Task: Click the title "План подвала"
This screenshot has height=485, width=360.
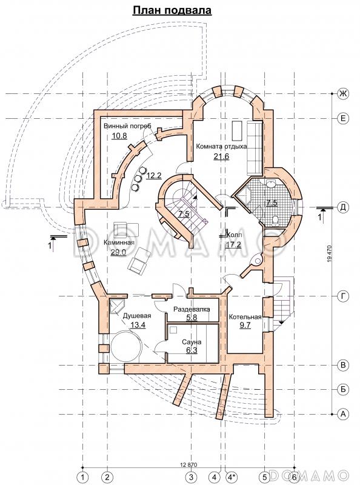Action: (x=172, y=10)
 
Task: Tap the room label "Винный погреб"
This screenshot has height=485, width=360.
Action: (x=127, y=126)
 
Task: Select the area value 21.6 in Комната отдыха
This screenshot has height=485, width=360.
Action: (x=221, y=156)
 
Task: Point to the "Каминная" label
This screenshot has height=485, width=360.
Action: (x=119, y=242)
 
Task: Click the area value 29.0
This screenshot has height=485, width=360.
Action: (x=118, y=252)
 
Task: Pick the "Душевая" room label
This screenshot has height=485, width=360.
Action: (x=137, y=316)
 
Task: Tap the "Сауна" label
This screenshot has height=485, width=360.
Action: (x=192, y=342)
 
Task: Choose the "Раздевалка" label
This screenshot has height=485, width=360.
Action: (x=192, y=309)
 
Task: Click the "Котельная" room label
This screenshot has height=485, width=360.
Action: (x=245, y=317)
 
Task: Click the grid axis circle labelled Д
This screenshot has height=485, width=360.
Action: (x=342, y=207)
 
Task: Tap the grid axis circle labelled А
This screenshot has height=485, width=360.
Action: (x=342, y=415)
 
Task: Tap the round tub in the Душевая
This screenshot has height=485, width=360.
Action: (x=126, y=346)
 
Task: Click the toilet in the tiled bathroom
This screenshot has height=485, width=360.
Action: (x=275, y=219)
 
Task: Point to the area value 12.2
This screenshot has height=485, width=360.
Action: (x=154, y=176)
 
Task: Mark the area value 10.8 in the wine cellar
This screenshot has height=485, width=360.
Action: (x=119, y=135)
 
